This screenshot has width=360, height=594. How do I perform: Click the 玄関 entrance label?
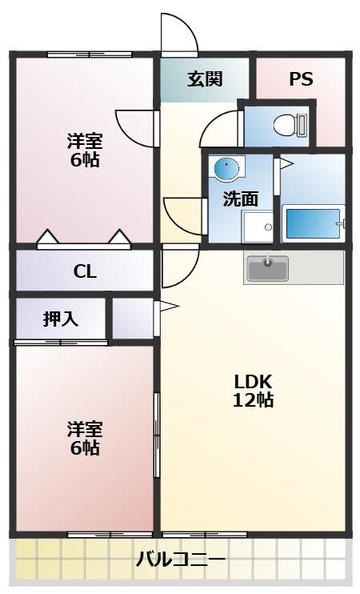tap(205, 79)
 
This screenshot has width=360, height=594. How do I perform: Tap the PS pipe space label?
tap(301, 79)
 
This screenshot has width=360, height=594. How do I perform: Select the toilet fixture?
tap(286, 124)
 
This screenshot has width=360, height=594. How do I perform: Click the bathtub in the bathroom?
tap(313, 223)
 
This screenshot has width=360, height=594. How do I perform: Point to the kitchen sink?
tap(268, 267)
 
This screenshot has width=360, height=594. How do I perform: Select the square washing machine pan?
tap(258, 227)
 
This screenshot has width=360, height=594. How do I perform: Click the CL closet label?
tap(85, 271)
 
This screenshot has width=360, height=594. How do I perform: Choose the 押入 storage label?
tap(60, 319)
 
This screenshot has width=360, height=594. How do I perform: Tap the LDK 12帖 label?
tap(254, 390)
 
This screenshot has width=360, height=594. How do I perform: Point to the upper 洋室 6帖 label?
tap(84, 150)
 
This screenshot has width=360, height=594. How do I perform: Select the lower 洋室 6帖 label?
tap(84, 438)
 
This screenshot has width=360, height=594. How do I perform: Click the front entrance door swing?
tap(178, 34)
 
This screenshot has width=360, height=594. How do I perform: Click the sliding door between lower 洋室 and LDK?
tap(157, 424)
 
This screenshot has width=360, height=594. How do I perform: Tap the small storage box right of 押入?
tap(131, 318)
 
